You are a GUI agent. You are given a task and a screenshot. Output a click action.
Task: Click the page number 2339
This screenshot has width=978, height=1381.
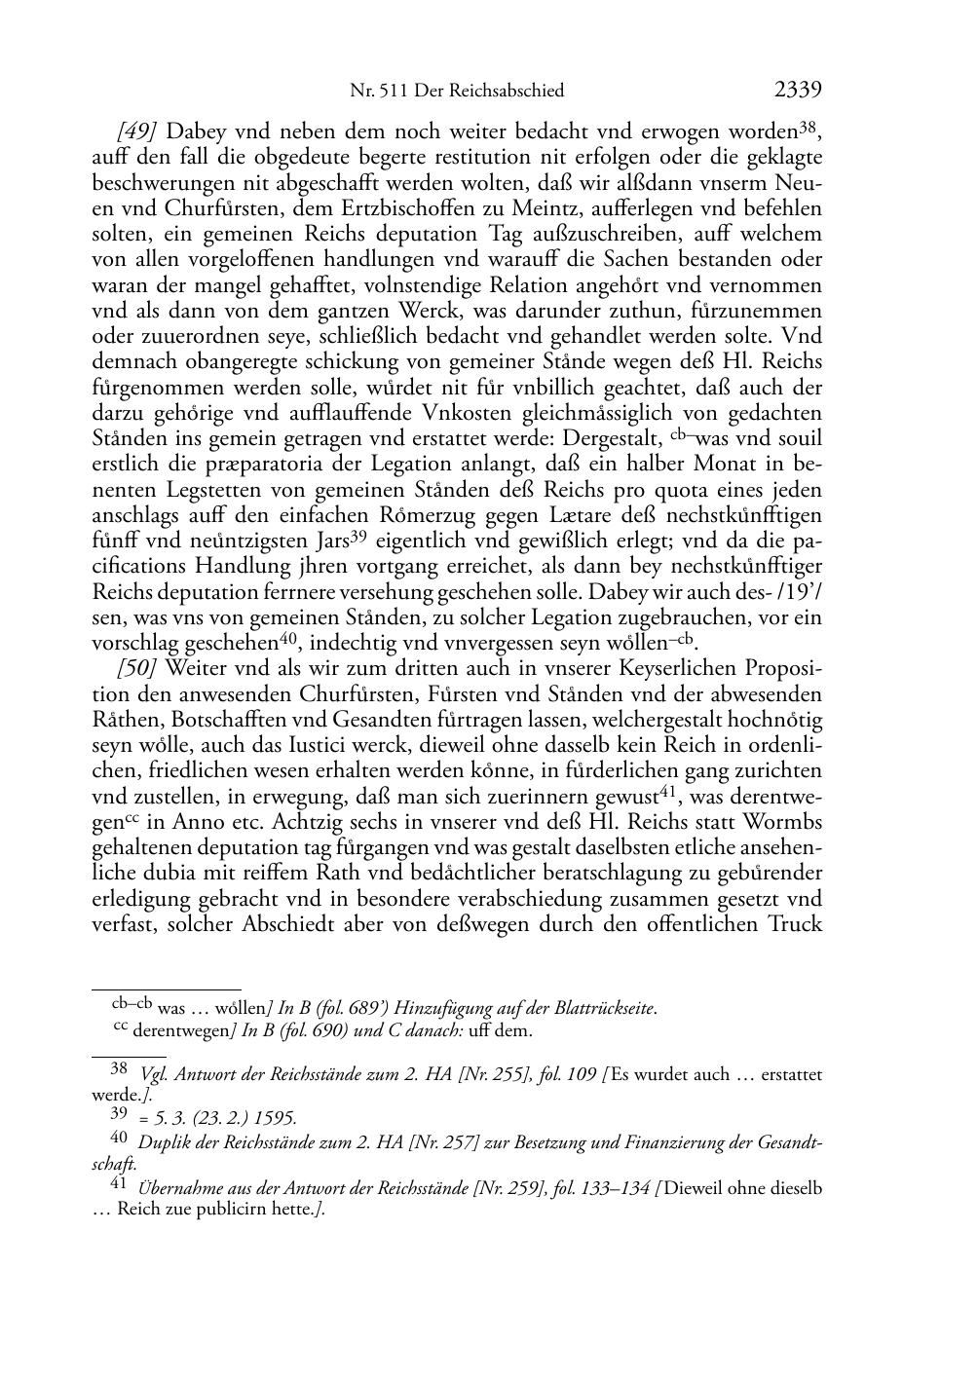[798, 91]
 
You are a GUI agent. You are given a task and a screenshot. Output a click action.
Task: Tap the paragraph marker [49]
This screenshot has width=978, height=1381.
[138, 131]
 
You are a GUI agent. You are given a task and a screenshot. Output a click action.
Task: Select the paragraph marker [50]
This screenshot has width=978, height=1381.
[138, 668]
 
